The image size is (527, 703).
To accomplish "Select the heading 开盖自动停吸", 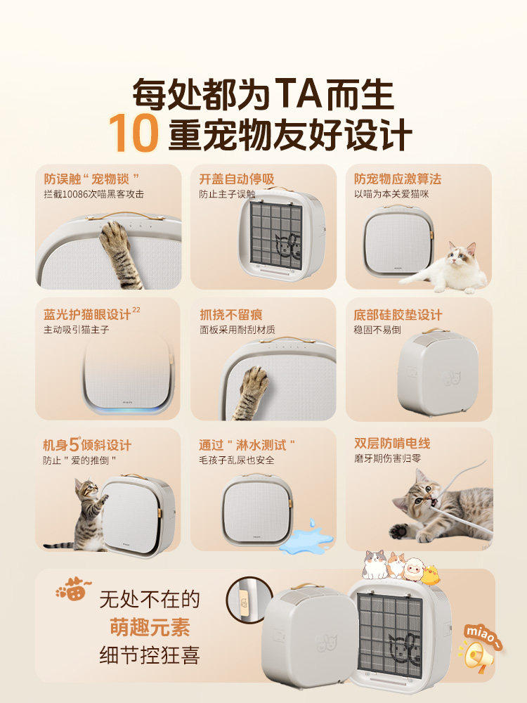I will pos(236,179).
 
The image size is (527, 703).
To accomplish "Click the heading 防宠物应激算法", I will pos(398,179).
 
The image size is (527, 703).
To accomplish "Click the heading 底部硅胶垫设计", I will pos(398,314).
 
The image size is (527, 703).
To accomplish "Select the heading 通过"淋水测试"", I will pos(246,445).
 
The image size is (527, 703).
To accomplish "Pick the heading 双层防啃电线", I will pos(392,444).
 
